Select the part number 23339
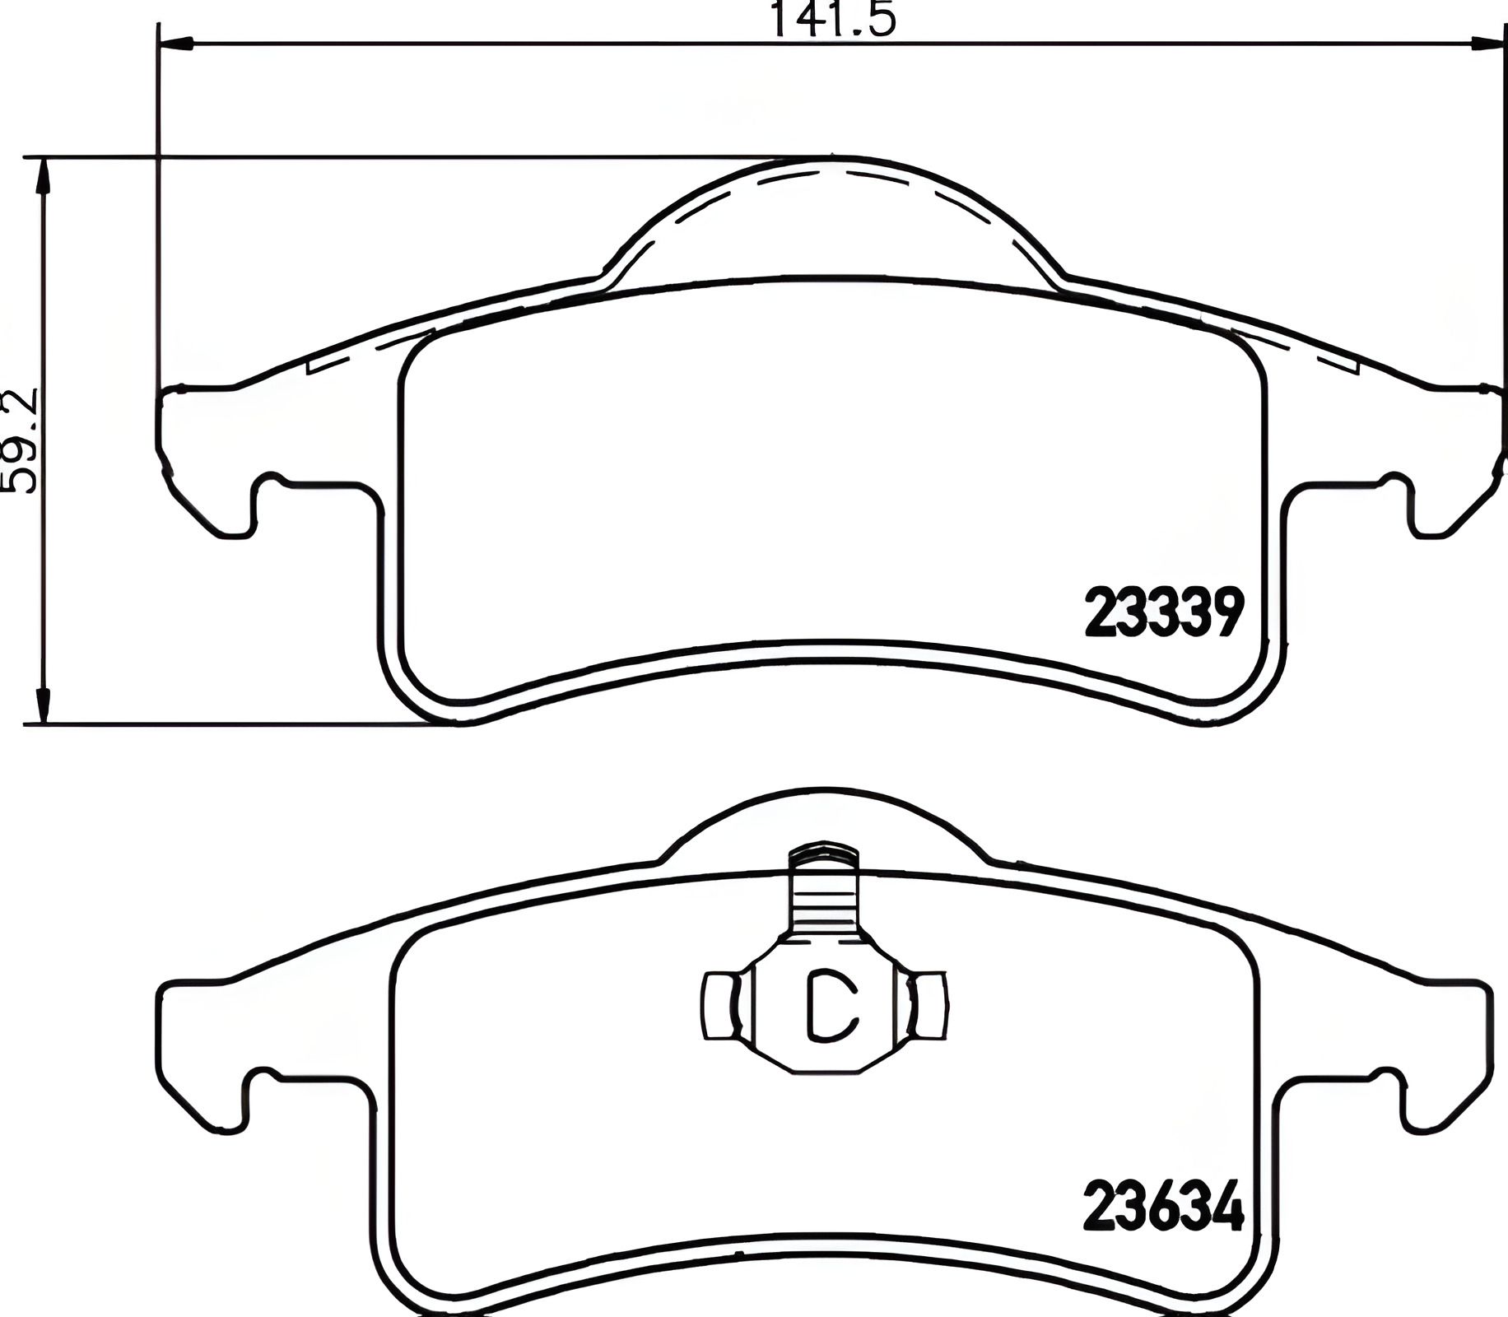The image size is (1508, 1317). coord(1161,614)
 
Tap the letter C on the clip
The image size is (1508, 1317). coord(830,1006)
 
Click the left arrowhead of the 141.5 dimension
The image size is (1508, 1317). coord(175,42)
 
